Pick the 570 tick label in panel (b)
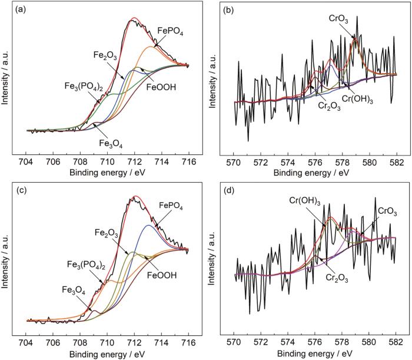(234, 160)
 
